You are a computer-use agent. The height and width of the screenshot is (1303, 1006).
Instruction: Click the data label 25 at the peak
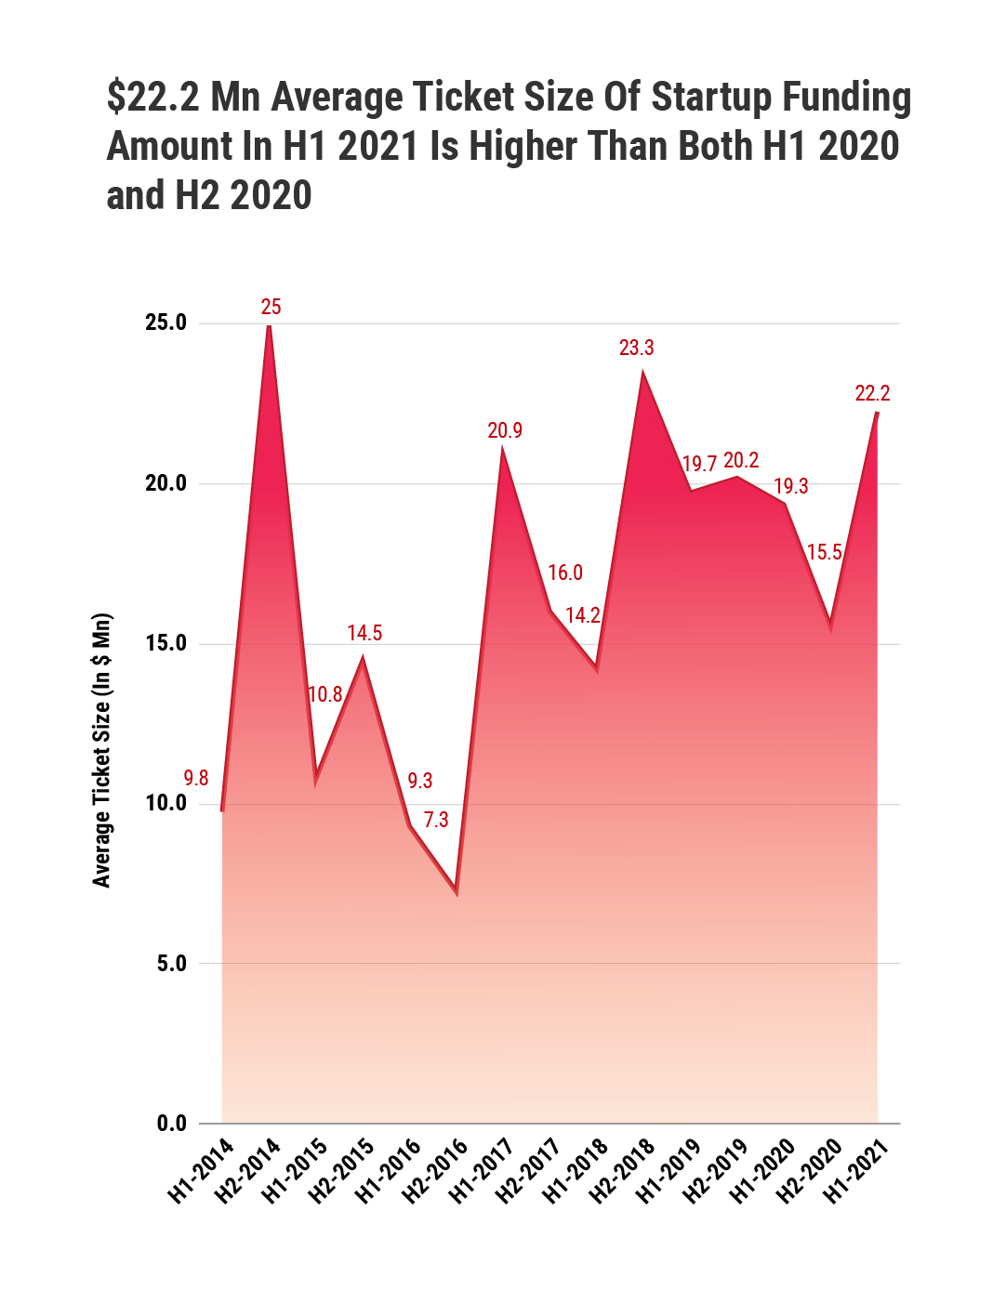[271, 307]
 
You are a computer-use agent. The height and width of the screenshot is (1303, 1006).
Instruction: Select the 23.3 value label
[636, 348]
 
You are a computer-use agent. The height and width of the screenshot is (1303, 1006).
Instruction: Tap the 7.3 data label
[436, 820]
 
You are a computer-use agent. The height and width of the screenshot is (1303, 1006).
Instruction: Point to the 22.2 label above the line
[872, 393]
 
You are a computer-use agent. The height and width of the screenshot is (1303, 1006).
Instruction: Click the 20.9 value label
[505, 430]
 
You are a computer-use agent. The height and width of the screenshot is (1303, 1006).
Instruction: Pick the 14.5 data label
[364, 633]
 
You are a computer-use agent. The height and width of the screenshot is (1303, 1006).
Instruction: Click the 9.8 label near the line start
[195, 779]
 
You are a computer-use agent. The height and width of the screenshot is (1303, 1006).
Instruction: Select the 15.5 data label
[824, 553]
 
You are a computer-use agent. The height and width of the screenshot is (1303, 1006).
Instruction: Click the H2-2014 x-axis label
[248, 1170]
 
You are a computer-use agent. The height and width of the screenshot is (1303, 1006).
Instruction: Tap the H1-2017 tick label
[482, 1170]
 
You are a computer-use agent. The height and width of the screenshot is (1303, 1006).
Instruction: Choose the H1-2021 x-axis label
[857, 1170]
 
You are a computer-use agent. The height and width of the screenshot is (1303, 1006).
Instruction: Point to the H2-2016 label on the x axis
[435, 1170]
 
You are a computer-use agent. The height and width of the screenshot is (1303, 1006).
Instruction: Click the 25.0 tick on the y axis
[165, 323]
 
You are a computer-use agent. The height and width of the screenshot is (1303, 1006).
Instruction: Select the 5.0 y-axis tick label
[171, 964]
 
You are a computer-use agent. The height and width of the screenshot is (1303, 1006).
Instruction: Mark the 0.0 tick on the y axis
[171, 1124]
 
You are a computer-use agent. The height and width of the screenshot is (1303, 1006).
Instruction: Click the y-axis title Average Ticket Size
[101, 750]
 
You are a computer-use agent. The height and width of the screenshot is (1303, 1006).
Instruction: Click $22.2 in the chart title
[153, 98]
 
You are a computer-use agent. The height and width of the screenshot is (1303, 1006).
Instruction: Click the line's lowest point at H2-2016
[457, 891]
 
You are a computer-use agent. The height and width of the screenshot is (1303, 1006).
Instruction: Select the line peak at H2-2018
[642, 373]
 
